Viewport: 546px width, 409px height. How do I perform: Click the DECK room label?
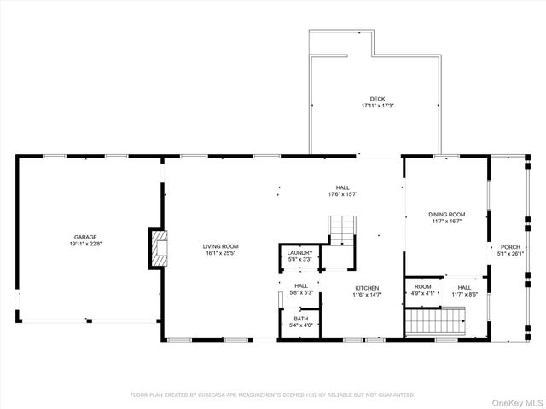pyautogui.click(x=377, y=99)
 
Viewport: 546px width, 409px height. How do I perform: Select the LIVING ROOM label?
pyautogui.click(x=220, y=245)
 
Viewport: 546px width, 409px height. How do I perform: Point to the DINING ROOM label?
pyautogui.click(x=446, y=214)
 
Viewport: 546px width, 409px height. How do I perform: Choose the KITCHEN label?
pyautogui.click(x=367, y=288)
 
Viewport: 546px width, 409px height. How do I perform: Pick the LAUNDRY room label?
pyautogui.click(x=299, y=252)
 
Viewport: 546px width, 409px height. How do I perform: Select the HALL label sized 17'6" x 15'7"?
pyautogui.click(x=343, y=187)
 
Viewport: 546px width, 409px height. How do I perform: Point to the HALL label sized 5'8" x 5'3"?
pyautogui.click(x=301, y=285)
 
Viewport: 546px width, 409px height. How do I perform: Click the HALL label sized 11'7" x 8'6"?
pyautogui.click(x=464, y=287)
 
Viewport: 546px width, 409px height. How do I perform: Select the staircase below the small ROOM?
pyautogui.click(x=436, y=321)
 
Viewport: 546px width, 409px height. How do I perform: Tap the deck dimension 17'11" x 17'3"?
pyautogui.click(x=377, y=106)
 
